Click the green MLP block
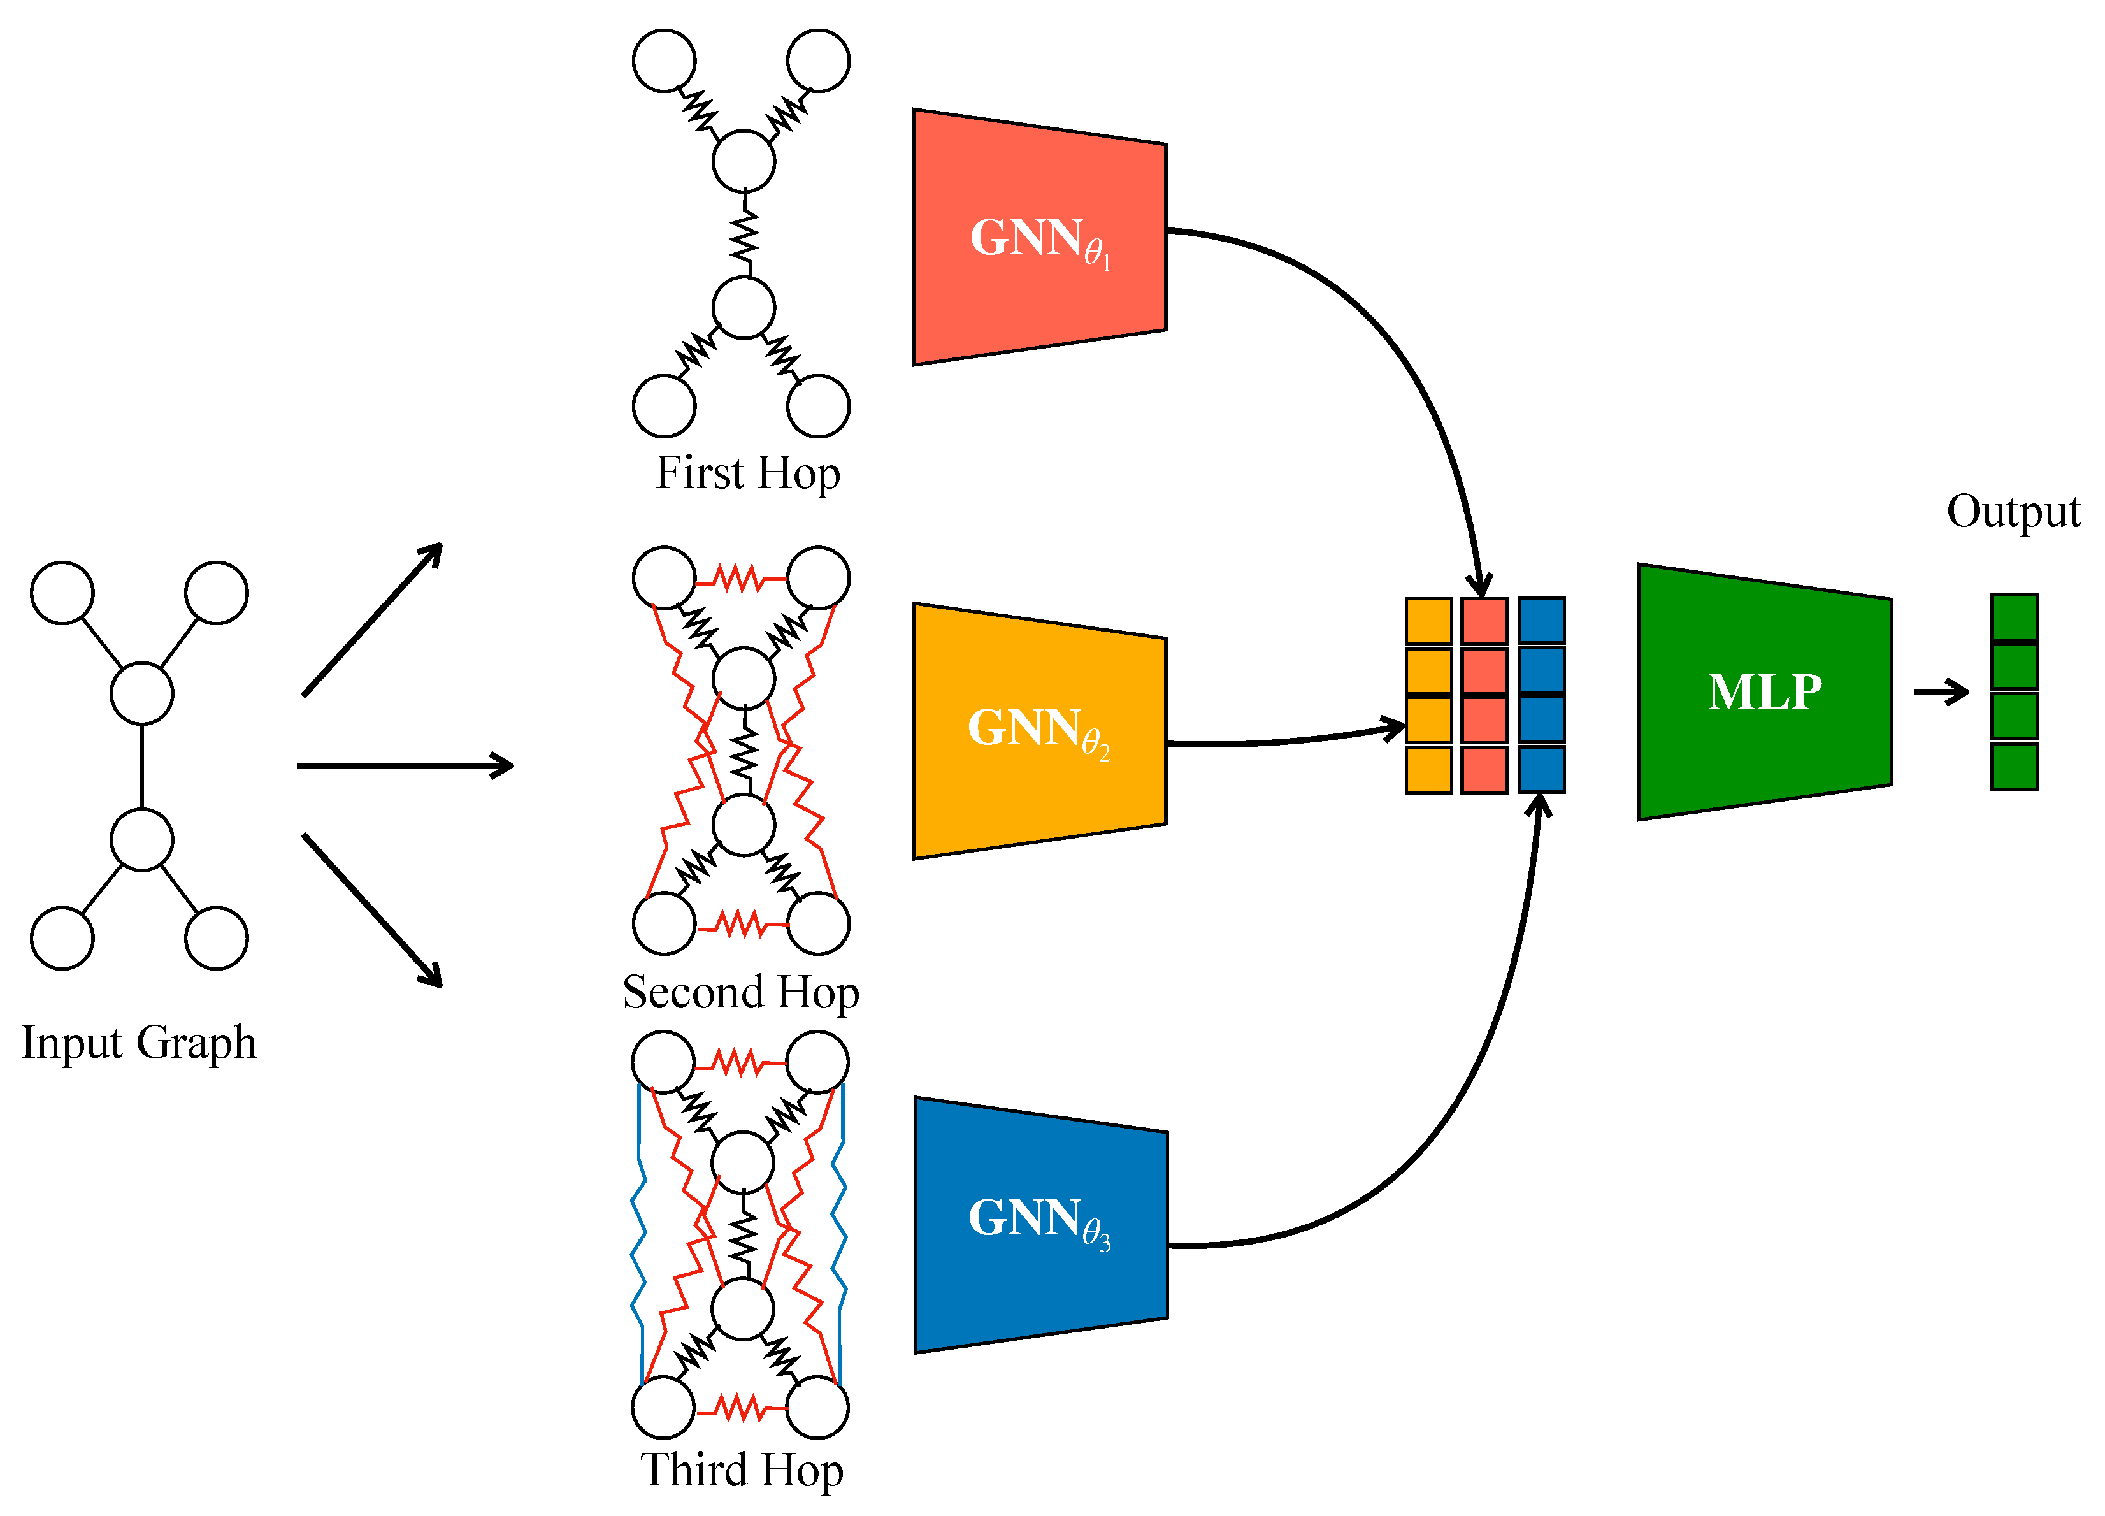1764,691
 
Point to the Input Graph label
140,1042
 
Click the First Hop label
747,473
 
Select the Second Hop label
741,992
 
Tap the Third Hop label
742,1469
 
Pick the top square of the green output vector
2013,617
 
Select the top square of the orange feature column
1428,621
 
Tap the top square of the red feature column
1483,621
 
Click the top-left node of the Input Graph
62,592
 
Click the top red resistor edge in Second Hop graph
741,579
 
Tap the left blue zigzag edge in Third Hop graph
638,1235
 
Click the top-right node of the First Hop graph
817,61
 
